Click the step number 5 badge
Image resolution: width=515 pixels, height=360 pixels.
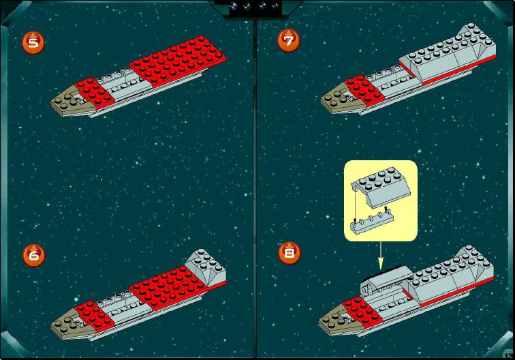(x=33, y=43)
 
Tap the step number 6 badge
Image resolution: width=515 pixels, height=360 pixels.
(x=34, y=255)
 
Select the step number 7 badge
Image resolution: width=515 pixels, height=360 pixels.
(x=289, y=40)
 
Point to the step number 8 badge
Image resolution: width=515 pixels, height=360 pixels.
(x=290, y=253)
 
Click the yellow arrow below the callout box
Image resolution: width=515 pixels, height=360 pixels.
(x=381, y=256)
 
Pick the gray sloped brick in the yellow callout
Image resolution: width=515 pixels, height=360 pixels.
(x=381, y=187)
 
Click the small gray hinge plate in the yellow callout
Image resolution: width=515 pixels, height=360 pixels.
(x=372, y=224)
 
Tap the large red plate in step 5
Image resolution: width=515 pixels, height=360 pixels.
(x=178, y=61)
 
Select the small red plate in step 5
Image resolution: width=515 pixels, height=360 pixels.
(x=94, y=93)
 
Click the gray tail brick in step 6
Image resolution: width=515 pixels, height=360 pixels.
(x=206, y=267)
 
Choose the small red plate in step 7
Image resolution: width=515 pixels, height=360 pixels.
(x=364, y=90)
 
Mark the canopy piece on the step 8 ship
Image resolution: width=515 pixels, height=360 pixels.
(x=386, y=283)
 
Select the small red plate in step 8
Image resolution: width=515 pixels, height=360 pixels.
(x=362, y=312)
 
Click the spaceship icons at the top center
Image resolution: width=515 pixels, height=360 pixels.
(x=255, y=7)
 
